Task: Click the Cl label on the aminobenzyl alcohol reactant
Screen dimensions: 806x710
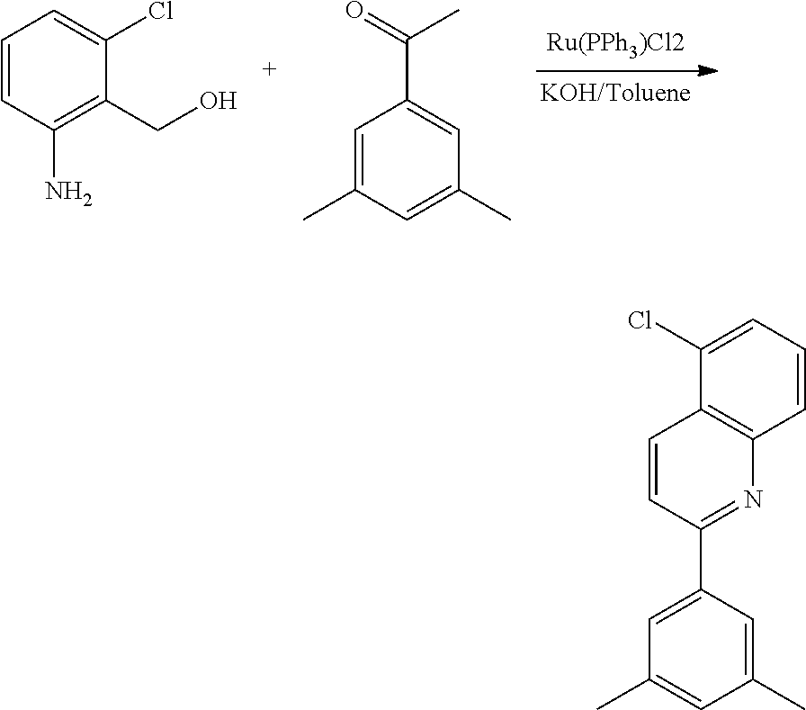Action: tap(161, 11)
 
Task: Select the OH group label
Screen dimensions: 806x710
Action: tap(219, 101)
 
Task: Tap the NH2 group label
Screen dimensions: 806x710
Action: tap(69, 193)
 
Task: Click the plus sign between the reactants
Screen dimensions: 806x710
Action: tap(269, 68)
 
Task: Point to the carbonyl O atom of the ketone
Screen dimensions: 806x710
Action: tap(355, 10)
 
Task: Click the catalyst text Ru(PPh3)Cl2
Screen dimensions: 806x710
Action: tap(614, 42)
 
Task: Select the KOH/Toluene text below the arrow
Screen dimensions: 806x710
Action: tap(614, 93)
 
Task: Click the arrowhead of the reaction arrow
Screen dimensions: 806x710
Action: tap(709, 70)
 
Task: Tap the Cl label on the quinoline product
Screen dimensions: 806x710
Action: tap(640, 321)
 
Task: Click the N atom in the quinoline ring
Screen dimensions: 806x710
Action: tap(753, 499)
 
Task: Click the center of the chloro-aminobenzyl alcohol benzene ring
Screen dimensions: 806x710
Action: tap(54, 69)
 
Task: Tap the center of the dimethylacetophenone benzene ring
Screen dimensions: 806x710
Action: tap(407, 159)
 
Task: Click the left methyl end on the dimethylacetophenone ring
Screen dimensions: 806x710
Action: tap(304, 220)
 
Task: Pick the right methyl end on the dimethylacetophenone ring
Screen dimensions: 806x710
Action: tap(510, 220)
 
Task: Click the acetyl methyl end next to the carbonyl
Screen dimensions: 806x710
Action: tap(459, 10)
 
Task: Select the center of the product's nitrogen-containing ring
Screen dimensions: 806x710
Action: tap(701, 469)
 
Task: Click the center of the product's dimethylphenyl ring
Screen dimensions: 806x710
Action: tap(701, 649)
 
